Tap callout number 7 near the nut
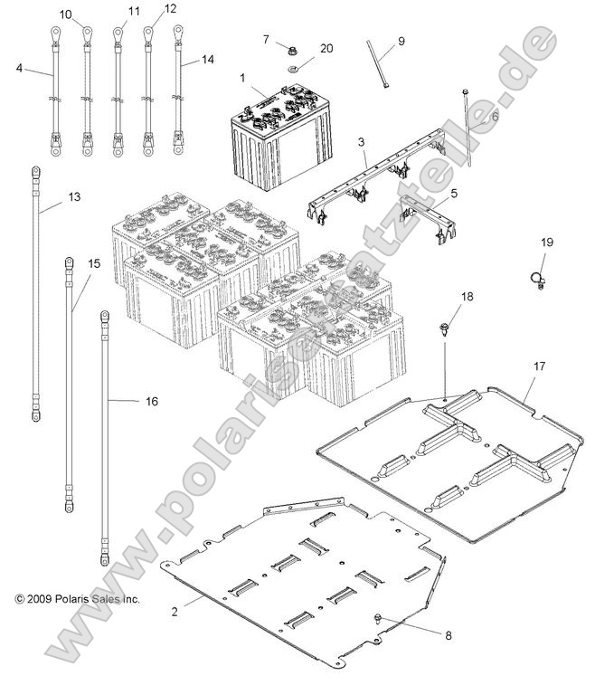[x=266, y=39]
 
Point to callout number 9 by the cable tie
[x=401, y=41]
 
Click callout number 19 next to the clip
[x=547, y=242]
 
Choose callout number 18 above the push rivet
[x=467, y=297]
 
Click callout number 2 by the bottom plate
[x=175, y=613]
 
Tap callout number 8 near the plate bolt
[x=448, y=634]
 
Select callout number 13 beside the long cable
[x=74, y=196]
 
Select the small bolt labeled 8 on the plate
[x=377, y=618]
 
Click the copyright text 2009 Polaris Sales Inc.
[x=77, y=599]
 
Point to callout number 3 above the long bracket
[x=361, y=142]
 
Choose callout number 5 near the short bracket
[x=453, y=193]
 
